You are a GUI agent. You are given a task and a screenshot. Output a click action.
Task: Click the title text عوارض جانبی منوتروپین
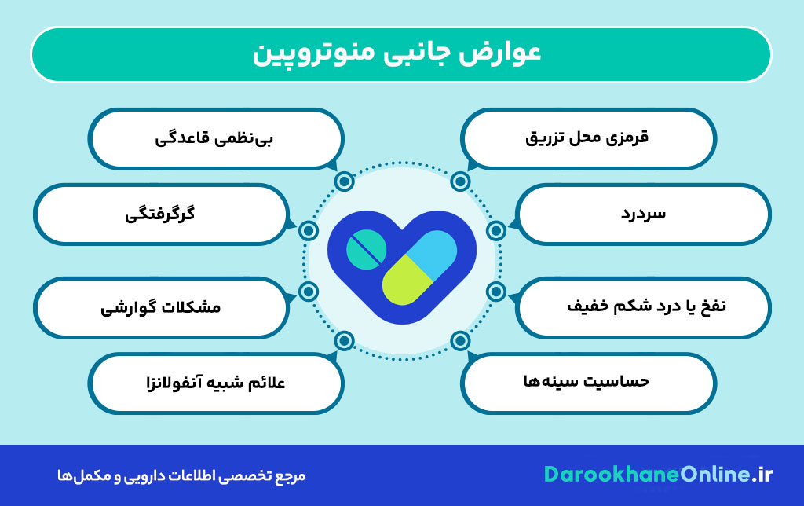[397, 54]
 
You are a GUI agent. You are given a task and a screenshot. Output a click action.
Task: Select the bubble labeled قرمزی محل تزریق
[588, 138]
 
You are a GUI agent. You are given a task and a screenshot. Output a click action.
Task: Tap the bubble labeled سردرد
[643, 214]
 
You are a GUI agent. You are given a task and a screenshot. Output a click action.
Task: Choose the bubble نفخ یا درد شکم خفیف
[643, 307]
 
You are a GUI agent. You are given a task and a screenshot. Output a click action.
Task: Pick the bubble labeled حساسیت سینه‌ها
[588, 383]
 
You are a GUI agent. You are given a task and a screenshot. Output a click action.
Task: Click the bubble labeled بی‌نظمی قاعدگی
[216, 138]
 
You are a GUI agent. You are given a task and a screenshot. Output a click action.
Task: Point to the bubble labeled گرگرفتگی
[161, 214]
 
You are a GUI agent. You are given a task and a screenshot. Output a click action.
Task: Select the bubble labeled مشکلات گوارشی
[161, 307]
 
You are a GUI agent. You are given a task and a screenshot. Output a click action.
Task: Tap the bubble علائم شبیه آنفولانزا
[216, 383]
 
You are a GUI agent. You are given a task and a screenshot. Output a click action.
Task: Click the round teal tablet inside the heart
[366, 250]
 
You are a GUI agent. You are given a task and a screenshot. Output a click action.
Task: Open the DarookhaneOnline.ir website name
[658, 475]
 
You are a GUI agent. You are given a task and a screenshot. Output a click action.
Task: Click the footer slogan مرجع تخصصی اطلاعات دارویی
[181, 475]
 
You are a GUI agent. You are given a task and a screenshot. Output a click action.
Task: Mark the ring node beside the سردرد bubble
[496, 231]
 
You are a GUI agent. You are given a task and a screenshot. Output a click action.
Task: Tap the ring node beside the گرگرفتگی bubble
[308, 231]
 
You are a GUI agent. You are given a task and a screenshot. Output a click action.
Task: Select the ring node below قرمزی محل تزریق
[460, 181]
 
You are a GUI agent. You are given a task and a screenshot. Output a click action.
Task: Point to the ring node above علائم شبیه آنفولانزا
[344, 341]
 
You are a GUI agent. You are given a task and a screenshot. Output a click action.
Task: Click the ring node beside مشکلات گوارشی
[308, 291]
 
